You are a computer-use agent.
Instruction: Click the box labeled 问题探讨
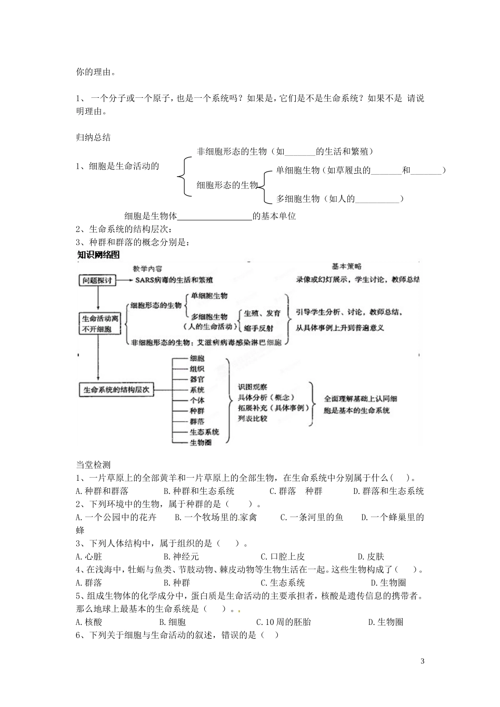pyautogui.click(x=97, y=280)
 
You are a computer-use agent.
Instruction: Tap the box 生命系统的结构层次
pyautogui.click(x=116, y=390)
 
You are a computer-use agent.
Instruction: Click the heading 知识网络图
pyautogui.click(x=99, y=255)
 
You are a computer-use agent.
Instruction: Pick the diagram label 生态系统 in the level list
pyautogui.click(x=204, y=432)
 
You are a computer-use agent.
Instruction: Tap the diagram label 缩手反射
pyautogui.click(x=259, y=328)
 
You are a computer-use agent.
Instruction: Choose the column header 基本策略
pyautogui.click(x=347, y=267)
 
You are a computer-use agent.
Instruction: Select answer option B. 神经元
pyautogui.click(x=181, y=557)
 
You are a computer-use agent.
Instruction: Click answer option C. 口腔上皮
pyautogui.click(x=283, y=557)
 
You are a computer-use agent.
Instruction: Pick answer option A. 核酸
pyautogui.click(x=89, y=622)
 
